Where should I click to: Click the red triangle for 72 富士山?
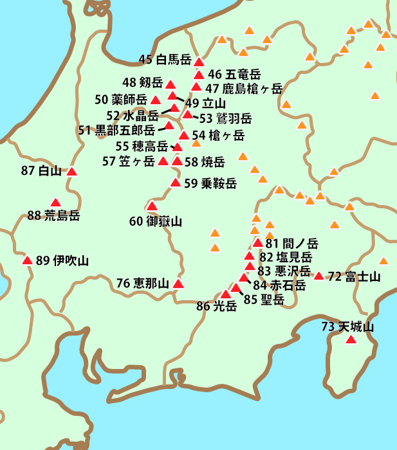pyautogui.click(x=319, y=276)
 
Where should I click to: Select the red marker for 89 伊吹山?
pyautogui.click(x=28, y=260)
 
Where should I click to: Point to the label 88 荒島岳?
pyautogui.click(x=53, y=215)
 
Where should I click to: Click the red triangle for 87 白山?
pyautogui.click(x=71, y=172)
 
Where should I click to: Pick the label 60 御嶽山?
pyautogui.click(x=155, y=222)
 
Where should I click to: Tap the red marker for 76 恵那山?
pyautogui.click(x=178, y=283)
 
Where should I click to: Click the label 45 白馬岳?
pyautogui.click(x=165, y=60)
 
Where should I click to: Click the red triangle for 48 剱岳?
pyautogui.click(x=171, y=84)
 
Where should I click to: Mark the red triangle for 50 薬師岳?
pyautogui.click(x=156, y=100)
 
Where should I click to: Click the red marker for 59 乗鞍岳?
pyautogui.click(x=175, y=183)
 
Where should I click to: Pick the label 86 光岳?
pyautogui.click(x=216, y=307)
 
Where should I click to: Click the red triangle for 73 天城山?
pyautogui.click(x=351, y=339)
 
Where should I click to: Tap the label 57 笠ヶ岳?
pyautogui.click(x=128, y=161)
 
